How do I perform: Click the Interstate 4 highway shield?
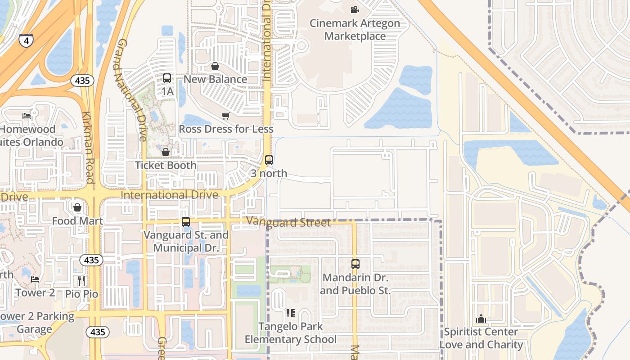(x=26, y=41)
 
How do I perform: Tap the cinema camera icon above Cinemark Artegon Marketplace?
(x=355, y=9)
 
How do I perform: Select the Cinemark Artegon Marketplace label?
(x=355, y=30)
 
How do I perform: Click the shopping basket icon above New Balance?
(x=215, y=67)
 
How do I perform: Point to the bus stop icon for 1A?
(x=167, y=78)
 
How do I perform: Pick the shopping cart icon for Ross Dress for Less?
(x=226, y=116)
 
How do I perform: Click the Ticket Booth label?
(x=166, y=165)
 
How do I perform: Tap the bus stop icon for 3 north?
(x=269, y=160)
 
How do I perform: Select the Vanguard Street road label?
(x=288, y=222)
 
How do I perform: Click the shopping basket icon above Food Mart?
(x=77, y=207)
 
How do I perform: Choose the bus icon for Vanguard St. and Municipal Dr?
(x=186, y=221)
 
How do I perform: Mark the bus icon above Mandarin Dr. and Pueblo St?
(x=355, y=264)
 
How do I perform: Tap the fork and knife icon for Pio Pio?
(x=81, y=281)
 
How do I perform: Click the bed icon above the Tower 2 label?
(x=35, y=279)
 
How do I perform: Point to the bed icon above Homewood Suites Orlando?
(x=27, y=116)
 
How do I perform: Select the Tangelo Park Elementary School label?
(x=291, y=333)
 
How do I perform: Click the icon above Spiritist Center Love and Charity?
(x=481, y=319)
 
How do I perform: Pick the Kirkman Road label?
(x=88, y=147)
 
